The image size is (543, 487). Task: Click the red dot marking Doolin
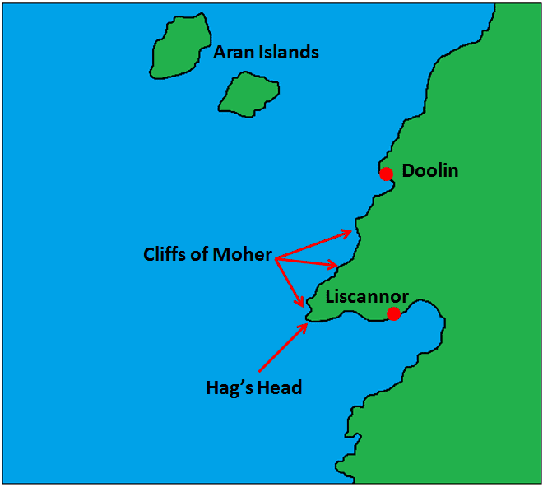(386, 173)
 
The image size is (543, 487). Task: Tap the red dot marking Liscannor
(394, 313)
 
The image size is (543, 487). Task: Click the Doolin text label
(430, 172)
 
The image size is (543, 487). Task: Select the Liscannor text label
(367, 296)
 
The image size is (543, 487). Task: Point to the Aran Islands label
(266, 53)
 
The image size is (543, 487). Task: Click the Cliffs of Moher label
(207, 255)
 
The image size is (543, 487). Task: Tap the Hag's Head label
(253, 387)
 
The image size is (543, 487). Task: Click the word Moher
(244, 255)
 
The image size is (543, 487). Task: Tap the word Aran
(232, 53)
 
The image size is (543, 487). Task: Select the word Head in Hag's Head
(280, 387)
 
